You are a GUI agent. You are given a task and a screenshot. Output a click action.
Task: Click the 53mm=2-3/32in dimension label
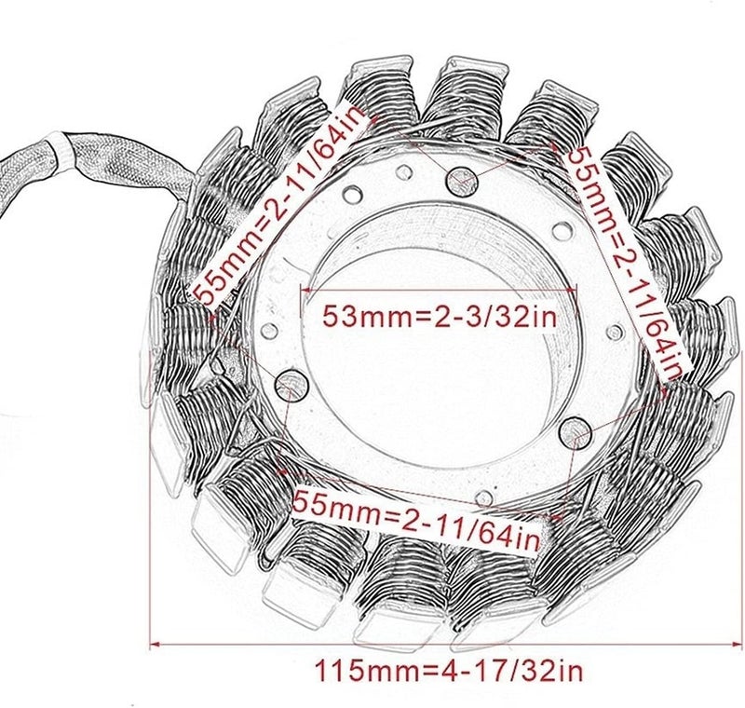point(440,316)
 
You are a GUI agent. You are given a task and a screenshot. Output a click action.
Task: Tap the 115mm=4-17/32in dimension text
point(451,669)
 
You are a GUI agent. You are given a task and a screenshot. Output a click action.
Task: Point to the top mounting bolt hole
point(463,183)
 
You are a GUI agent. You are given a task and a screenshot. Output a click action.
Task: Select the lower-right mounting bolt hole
point(576,432)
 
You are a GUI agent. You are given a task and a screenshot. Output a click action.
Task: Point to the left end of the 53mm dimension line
point(300,290)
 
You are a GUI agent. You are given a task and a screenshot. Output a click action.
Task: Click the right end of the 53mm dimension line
point(578,290)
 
